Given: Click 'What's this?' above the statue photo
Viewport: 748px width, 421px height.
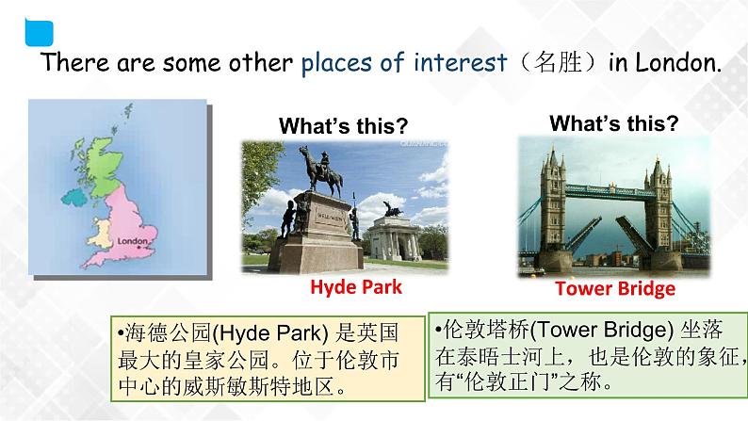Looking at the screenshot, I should tap(343, 126).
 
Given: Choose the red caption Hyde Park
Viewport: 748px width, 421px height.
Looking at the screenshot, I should tap(343, 287).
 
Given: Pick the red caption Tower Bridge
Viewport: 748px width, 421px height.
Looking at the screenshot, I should tap(614, 288).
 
